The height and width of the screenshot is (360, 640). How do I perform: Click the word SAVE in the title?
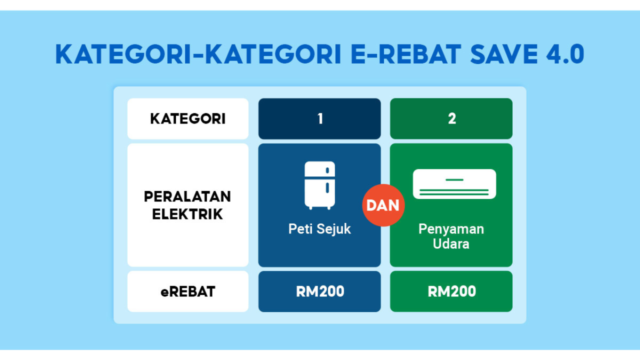(504, 54)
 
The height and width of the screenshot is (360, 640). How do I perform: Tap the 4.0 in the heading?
(565, 54)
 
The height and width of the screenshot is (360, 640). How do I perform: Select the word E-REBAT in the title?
(405, 54)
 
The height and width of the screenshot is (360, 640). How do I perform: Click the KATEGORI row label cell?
(188, 118)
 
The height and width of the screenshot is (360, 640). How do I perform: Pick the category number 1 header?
(319, 118)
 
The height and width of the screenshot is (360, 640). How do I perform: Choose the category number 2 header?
(451, 118)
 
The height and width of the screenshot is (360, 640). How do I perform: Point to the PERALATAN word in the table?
(187, 196)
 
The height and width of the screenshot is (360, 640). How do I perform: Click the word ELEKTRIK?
(187, 214)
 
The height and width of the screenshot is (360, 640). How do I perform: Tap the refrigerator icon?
(319, 185)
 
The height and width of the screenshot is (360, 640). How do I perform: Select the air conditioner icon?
(454, 184)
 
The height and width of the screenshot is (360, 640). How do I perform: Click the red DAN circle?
(383, 205)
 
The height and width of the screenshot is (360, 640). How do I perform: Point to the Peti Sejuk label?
(319, 229)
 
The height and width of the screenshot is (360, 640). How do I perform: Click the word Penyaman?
(451, 229)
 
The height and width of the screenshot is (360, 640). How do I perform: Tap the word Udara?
(451, 243)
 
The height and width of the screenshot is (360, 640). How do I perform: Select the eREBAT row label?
(188, 291)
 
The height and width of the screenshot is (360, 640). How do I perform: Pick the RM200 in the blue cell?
(320, 291)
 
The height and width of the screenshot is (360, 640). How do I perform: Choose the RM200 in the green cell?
(451, 291)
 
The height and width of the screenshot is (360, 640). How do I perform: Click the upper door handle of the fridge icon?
(327, 170)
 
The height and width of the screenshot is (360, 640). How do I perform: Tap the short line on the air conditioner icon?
(454, 179)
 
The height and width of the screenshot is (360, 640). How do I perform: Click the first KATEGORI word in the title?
(123, 54)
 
